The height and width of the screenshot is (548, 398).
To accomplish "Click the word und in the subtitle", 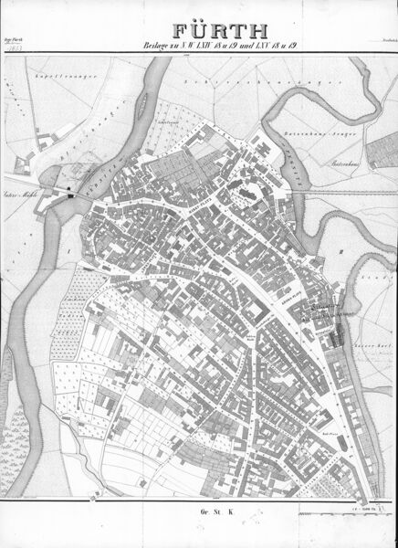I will pyautogui.click(x=236, y=41).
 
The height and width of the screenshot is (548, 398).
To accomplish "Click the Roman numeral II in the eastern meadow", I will pyautogui.click(x=339, y=248).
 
